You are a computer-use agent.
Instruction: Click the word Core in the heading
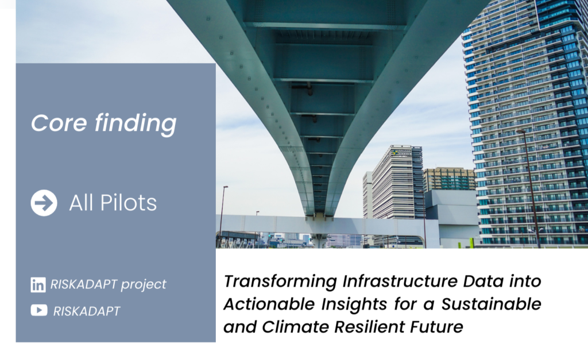pos(59,123)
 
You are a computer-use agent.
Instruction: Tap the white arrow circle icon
pos(44,203)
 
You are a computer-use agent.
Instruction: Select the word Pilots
pos(128,203)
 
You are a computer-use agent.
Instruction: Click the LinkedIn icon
pos(38,285)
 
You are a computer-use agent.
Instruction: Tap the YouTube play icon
pos(39,311)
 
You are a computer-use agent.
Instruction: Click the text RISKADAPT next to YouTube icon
pos(87,311)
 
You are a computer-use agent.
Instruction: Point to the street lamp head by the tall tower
pos(520,131)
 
